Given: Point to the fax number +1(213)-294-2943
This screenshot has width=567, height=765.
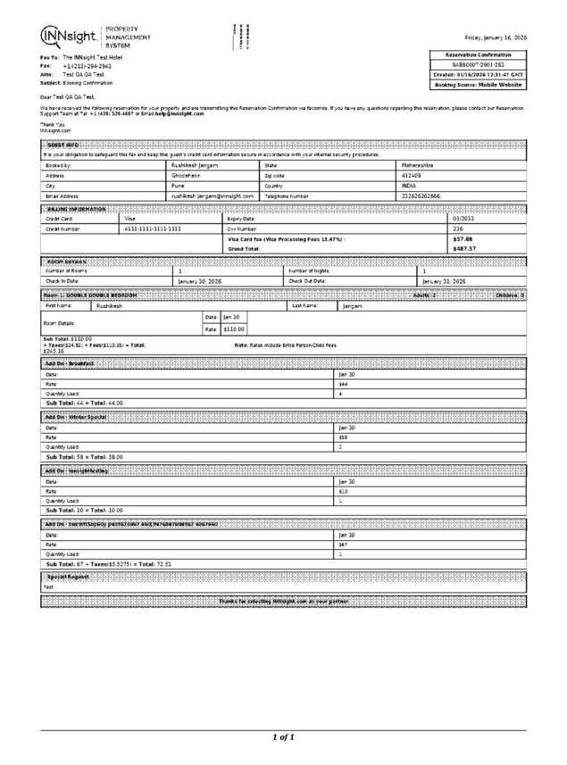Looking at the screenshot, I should pos(87,66).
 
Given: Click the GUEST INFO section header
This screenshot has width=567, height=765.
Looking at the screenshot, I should pos(62,145).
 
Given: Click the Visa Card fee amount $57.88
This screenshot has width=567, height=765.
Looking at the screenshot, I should pos(463,239).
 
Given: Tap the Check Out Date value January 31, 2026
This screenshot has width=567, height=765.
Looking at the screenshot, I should pos(444,281).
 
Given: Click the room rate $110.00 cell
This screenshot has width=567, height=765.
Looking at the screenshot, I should pos(234,329).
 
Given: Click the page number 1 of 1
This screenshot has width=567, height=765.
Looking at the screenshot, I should pos(283,737).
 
